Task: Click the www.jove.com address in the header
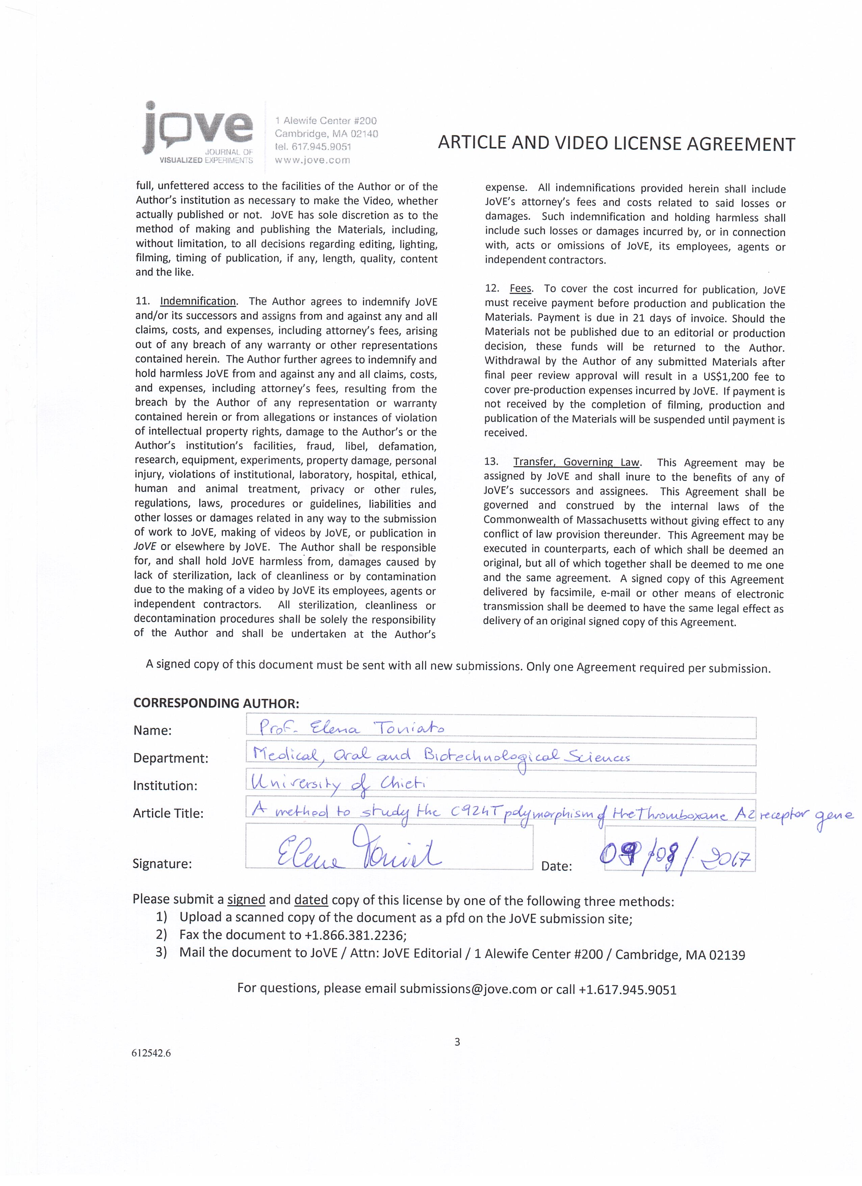(312, 160)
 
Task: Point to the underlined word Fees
(520, 289)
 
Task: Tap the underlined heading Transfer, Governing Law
(576, 462)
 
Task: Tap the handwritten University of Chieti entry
(339, 783)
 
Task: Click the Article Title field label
(168, 813)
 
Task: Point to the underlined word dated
(311, 900)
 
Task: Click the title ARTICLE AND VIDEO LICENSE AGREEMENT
(616, 143)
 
